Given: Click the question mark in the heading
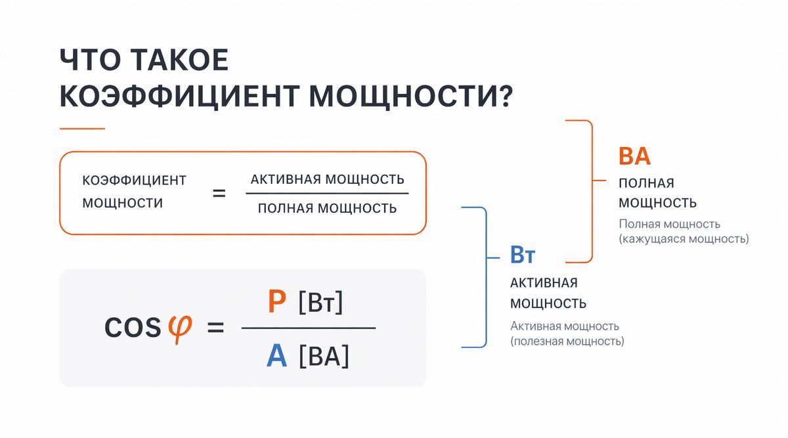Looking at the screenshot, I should click(x=501, y=97).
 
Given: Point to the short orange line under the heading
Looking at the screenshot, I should click(x=82, y=129).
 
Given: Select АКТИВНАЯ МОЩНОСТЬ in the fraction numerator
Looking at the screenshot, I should click(x=327, y=179).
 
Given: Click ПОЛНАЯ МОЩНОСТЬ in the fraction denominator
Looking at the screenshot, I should click(x=327, y=208).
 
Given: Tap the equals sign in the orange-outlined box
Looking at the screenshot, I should click(x=219, y=194).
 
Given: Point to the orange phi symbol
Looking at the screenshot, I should click(x=179, y=326).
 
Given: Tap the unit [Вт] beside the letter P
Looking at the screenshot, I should click(x=320, y=303).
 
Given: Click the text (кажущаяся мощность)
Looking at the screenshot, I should click(x=683, y=239).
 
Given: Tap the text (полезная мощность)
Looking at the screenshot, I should click(x=567, y=341).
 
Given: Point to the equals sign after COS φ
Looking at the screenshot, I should click(x=215, y=328).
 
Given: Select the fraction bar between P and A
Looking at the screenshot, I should click(x=308, y=328).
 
